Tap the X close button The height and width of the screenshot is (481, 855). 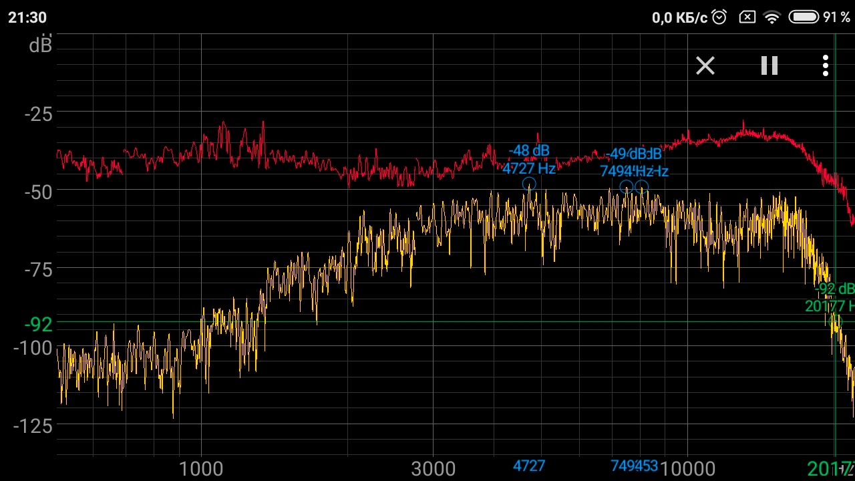click(705, 65)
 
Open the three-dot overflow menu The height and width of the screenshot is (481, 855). click(826, 65)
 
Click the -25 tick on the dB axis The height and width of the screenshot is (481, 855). click(38, 114)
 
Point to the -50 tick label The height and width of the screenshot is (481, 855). click(38, 192)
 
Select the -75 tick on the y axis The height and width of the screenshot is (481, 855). click(38, 269)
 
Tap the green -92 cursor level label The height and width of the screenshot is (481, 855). click(38, 324)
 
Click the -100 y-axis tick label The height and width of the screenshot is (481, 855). click(33, 347)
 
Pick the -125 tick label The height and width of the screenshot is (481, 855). click(33, 426)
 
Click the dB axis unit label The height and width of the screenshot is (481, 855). click(41, 45)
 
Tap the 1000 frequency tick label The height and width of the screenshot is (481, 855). click(201, 469)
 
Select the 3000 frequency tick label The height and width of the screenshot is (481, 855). click(433, 469)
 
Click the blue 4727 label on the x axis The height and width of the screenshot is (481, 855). click(528, 466)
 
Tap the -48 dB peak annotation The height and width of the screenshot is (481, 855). click(529, 151)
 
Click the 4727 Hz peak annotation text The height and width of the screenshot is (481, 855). click(529, 168)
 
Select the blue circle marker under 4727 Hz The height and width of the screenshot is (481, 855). click(528, 184)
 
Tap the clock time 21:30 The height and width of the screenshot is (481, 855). click(27, 17)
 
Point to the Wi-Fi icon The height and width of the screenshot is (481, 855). click(772, 17)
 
